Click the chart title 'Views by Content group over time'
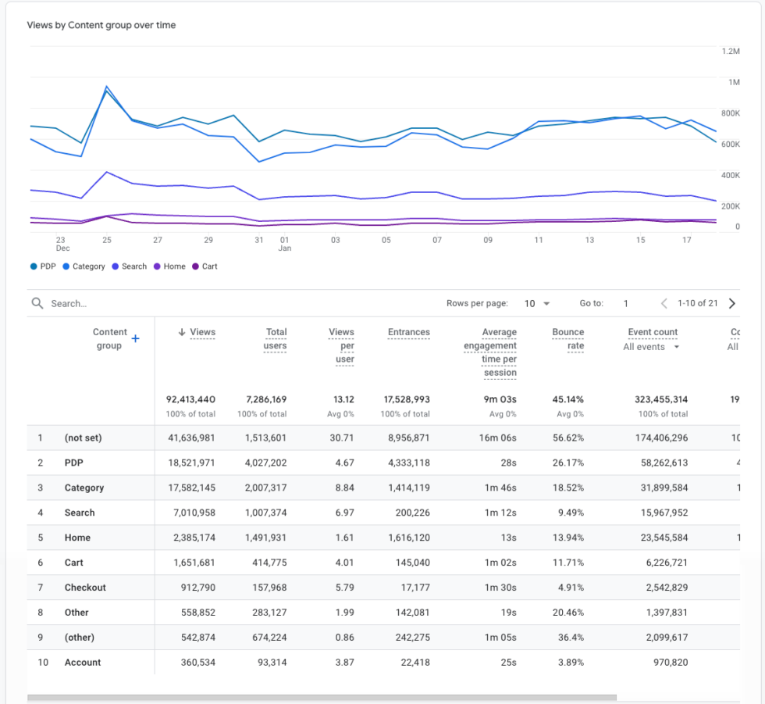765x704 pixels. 101,25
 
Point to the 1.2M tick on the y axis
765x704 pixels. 730,51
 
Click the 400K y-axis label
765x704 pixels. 730,175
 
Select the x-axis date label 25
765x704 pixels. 107,240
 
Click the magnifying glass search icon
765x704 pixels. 37,303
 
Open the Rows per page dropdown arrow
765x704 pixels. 546,304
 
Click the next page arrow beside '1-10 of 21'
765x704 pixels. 731,303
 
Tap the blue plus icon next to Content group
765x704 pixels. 135,338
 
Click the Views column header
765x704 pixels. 202,332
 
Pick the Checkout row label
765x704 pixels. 85,588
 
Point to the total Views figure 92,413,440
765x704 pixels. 190,399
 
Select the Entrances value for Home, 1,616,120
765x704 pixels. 408,538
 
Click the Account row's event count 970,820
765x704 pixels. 667,663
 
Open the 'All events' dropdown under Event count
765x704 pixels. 651,347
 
